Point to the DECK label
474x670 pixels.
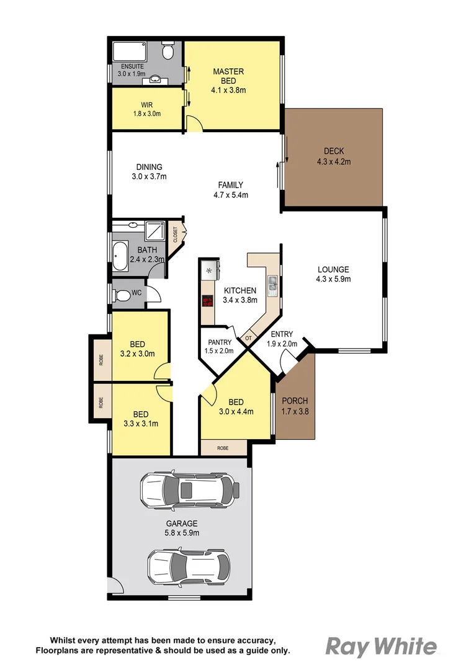(333, 151)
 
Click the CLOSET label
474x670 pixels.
(175, 234)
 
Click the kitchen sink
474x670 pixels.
(272, 285)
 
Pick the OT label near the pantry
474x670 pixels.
(248, 338)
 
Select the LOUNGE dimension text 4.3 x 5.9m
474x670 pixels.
(333, 279)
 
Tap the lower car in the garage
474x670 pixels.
(188, 566)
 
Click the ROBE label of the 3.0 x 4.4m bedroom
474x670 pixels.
(223, 447)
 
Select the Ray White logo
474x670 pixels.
(381, 646)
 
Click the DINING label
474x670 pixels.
(149, 167)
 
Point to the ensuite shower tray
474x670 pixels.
(129, 50)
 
